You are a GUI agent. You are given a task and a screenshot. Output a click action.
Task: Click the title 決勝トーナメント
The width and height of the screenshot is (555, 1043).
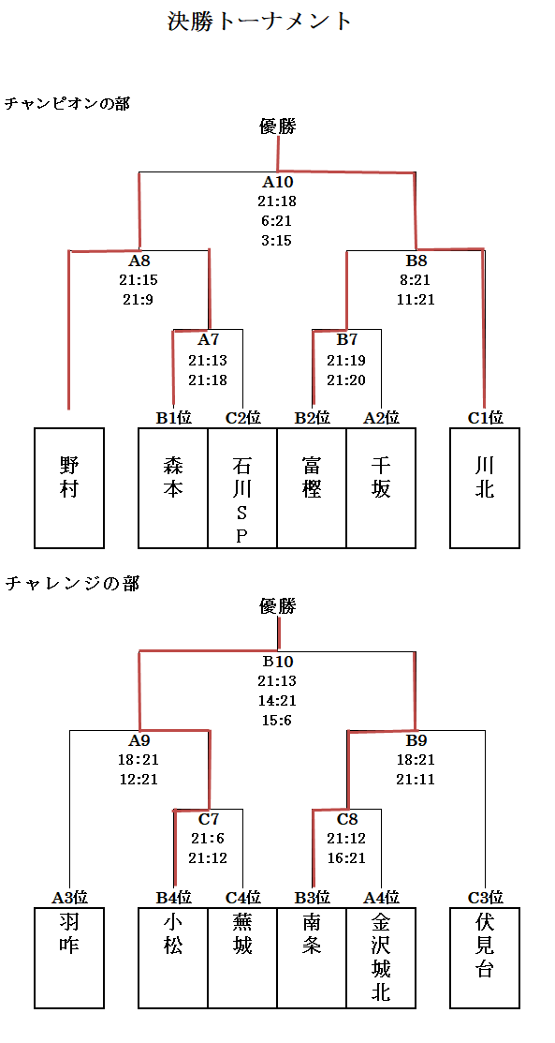(259, 22)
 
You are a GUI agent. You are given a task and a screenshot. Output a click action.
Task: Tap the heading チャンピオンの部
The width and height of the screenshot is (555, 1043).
(67, 103)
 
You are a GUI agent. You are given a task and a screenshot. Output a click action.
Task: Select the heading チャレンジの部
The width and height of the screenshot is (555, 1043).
(72, 584)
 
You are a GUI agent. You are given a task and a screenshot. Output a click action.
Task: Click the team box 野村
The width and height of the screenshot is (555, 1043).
(69, 487)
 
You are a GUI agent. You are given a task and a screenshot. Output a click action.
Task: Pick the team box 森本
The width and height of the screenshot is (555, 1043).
(173, 487)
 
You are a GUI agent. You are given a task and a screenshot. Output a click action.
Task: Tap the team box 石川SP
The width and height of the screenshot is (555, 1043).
(242, 487)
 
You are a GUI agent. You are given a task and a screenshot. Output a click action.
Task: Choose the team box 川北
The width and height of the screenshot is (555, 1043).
(485, 487)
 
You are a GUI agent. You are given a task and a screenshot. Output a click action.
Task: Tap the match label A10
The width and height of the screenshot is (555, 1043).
(277, 182)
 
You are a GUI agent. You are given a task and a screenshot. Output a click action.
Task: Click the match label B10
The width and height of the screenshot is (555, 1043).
(277, 662)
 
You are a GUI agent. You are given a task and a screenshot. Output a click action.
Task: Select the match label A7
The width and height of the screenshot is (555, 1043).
(208, 340)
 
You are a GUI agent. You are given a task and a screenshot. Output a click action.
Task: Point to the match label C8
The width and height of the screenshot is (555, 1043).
(347, 819)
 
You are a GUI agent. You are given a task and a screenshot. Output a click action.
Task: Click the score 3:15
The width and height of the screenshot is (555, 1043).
(277, 240)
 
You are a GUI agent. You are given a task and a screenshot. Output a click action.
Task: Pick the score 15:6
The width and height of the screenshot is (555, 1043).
(277, 720)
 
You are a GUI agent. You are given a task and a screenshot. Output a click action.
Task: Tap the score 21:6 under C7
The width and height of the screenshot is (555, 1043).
(208, 839)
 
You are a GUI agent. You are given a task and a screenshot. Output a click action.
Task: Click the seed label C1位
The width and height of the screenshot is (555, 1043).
(485, 418)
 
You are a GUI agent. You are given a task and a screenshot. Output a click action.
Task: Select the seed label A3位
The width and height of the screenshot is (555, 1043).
(70, 898)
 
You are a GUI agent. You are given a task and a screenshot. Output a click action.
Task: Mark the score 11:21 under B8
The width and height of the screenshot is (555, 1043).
(416, 299)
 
